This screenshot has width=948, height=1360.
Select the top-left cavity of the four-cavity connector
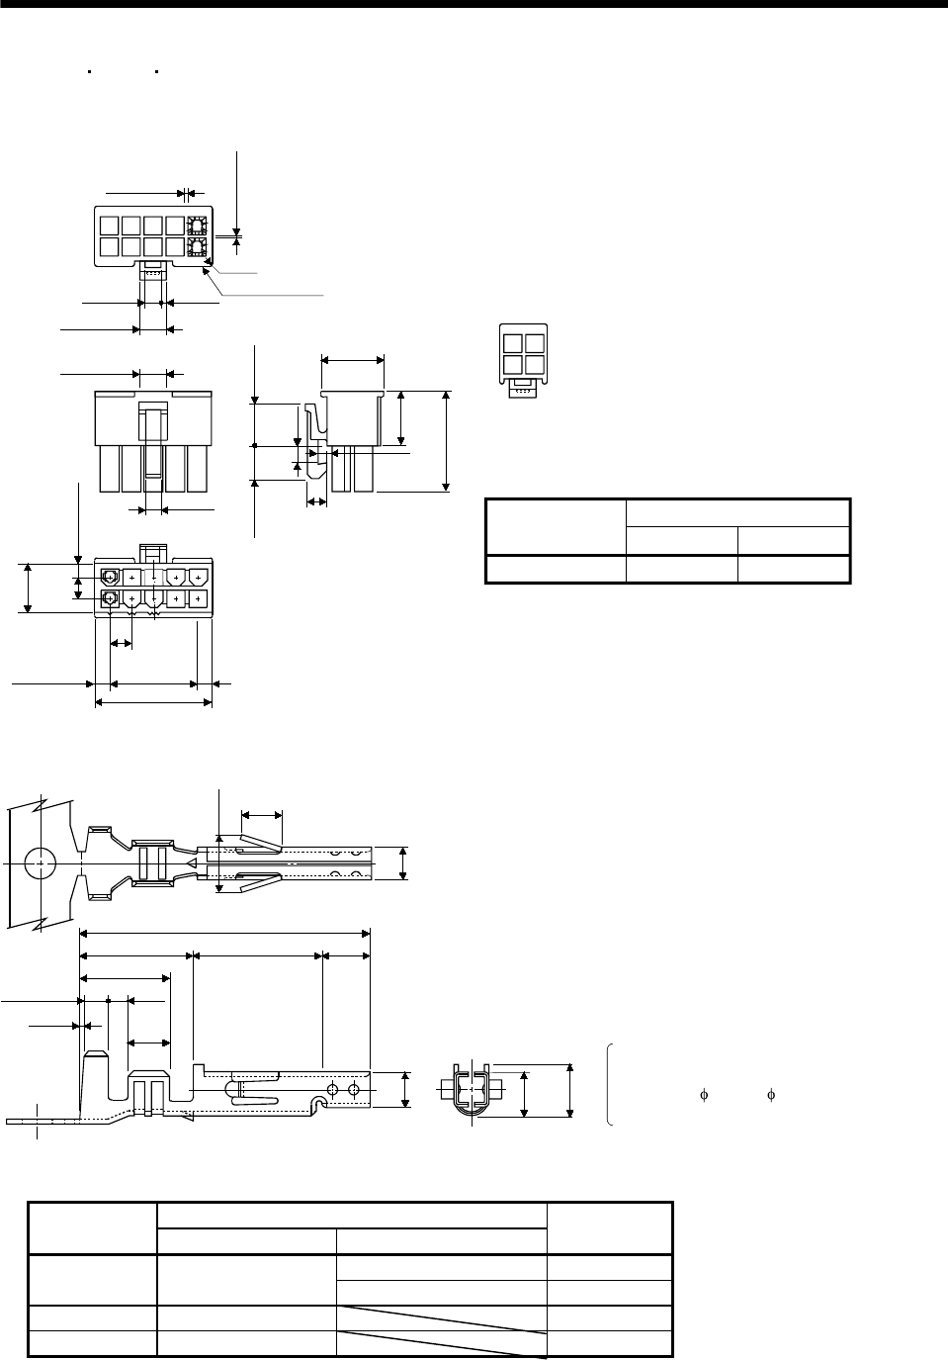(x=512, y=344)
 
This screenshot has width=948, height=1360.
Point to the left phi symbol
(x=705, y=1095)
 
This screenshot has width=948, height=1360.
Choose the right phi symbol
(x=771, y=1095)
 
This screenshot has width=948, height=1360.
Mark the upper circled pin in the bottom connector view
(x=110, y=576)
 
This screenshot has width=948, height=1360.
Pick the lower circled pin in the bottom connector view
(x=110, y=598)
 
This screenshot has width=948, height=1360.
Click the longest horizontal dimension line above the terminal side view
(x=225, y=932)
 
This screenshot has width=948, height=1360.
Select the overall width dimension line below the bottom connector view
(x=153, y=702)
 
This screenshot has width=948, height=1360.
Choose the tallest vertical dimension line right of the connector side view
(x=447, y=440)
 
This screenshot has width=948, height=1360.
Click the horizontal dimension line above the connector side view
(x=353, y=361)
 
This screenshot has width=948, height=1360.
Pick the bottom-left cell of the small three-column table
(x=556, y=569)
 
